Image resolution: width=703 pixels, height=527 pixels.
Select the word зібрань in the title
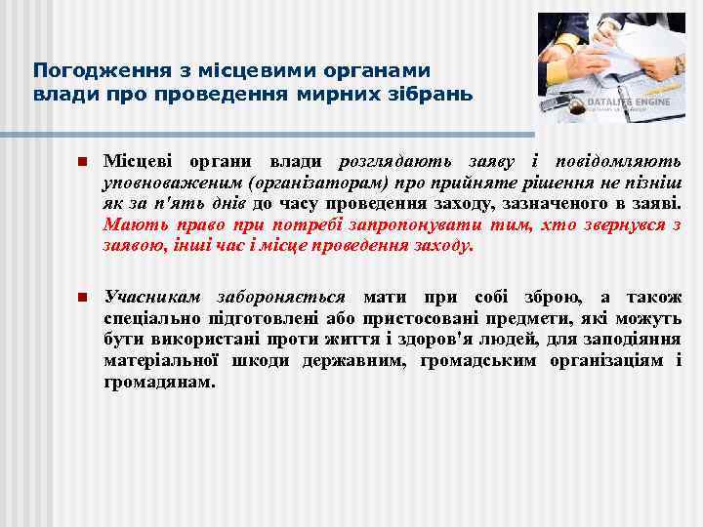point(436,95)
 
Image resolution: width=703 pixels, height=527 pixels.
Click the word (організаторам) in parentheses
point(304,182)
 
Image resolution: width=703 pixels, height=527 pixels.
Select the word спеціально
point(151,318)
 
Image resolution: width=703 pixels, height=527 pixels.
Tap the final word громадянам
point(158,382)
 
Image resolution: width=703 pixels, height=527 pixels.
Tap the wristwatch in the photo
point(677,65)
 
